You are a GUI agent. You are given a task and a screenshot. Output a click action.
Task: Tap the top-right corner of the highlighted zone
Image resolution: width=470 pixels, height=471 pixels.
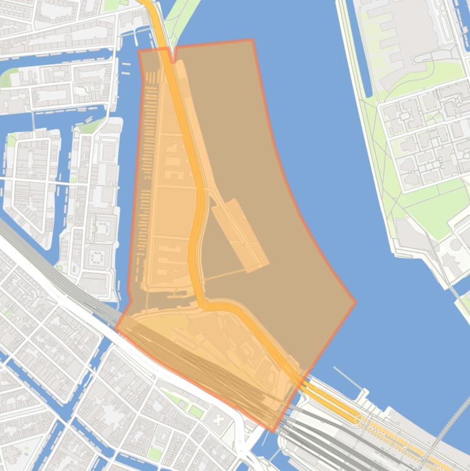pyautogui.click(x=252, y=40)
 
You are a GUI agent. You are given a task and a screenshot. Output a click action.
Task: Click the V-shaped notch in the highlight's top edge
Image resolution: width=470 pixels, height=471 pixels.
pyautogui.click(x=174, y=61)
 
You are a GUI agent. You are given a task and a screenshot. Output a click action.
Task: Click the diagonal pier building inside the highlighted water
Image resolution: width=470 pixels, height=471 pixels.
pyautogui.click(x=240, y=234)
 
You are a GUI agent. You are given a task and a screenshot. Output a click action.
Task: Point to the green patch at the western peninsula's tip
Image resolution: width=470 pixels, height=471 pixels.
pyautogui.click(x=91, y=127)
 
